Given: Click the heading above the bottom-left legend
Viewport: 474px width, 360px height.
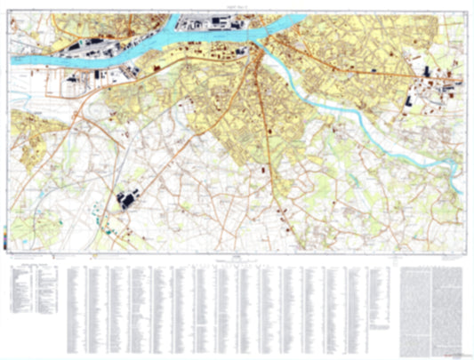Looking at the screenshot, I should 32,265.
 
